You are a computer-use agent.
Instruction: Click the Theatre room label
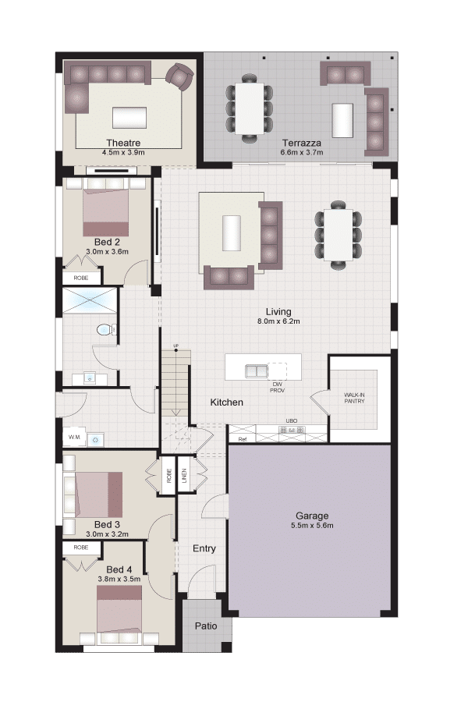[x=123, y=143]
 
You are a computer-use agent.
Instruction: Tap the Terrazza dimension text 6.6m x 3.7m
[x=302, y=152]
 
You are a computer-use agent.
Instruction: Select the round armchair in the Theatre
[x=179, y=76]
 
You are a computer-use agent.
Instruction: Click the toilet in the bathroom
[x=105, y=330]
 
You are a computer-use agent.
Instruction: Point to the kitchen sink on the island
[x=256, y=370]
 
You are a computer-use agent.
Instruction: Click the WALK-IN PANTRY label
[x=354, y=398]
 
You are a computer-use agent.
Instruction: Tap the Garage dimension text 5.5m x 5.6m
[x=312, y=526]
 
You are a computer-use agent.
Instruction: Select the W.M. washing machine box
[x=74, y=438]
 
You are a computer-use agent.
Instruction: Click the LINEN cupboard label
[x=184, y=476]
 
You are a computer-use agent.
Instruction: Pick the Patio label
[x=206, y=626]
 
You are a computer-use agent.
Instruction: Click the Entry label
[x=204, y=548]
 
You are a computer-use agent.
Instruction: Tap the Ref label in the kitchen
[x=243, y=440]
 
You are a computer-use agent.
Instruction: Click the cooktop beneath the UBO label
[x=293, y=430]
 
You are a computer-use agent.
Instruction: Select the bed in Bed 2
[x=106, y=208]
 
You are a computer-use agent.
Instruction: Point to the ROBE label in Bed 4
[x=81, y=547]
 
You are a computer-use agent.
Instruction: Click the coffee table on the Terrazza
[x=342, y=120]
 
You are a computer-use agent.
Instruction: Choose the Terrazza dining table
[x=250, y=108]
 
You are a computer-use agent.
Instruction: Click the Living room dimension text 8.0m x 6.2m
[x=278, y=321]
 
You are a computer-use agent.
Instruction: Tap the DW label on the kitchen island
[x=277, y=384]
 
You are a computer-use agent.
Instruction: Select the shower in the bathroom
[x=90, y=300]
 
